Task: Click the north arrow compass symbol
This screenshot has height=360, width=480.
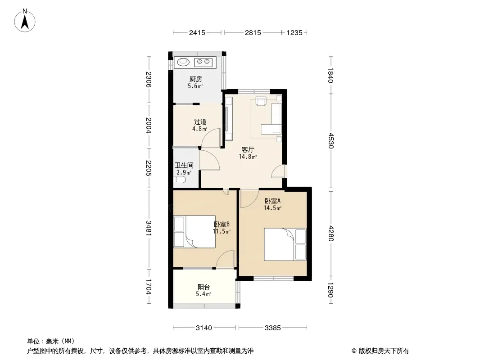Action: [x=25, y=21]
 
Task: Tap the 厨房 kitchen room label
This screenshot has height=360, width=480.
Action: [x=195, y=79]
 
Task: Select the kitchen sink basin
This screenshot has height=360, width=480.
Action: [x=183, y=62]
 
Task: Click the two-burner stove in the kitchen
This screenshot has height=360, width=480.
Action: [x=203, y=62]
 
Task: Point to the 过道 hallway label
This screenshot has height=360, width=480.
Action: [x=200, y=122]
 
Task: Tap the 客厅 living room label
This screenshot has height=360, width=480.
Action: [x=248, y=149]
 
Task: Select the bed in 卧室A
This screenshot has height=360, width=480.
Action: [x=285, y=244]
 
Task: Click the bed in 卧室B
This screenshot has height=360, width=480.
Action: [x=195, y=232]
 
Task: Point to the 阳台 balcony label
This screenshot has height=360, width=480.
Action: [x=204, y=287]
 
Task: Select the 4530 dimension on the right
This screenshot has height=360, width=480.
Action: [x=331, y=140]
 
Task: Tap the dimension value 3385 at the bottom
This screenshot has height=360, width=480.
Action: [x=272, y=328]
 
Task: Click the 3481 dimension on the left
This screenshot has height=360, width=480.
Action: [x=149, y=228]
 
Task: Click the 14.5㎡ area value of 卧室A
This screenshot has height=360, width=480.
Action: [x=272, y=208]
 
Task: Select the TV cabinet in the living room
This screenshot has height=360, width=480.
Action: [x=229, y=119]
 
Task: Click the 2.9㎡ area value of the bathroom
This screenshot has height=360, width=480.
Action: [x=184, y=172]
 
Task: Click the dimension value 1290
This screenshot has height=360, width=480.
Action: [x=331, y=289]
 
